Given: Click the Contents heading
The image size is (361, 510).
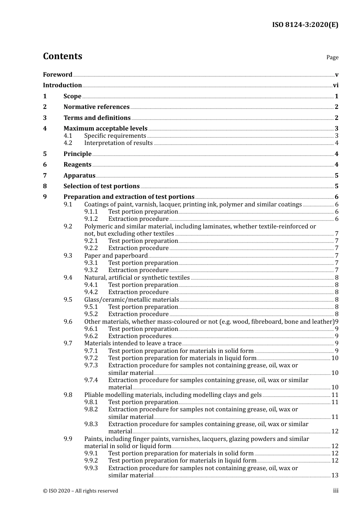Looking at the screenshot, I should click(62, 56).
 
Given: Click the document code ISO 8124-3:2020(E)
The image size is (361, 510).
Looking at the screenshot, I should click(305, 25).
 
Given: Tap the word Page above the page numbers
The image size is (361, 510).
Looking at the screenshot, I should click(332, 57).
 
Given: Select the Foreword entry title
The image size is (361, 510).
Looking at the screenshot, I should click(57, 75).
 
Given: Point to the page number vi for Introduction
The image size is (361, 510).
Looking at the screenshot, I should click(336, 85).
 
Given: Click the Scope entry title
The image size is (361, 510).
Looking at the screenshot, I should click(72, 96).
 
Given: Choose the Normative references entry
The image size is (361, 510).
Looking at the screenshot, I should click(97, 107).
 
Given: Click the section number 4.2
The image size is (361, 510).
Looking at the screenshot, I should click(68, 143).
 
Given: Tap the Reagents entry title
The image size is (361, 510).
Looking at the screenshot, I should click(78, 165).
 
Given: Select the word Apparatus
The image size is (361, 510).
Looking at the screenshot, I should click(79, 176).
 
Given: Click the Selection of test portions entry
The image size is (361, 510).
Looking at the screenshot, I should click(101, 186).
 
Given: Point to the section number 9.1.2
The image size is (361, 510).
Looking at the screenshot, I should click(91, 219).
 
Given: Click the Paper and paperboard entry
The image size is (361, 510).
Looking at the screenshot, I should click(116, 256).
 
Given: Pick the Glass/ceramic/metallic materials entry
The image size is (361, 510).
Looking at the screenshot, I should click(131, 300).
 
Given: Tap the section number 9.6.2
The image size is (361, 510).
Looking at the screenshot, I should click(91, 336).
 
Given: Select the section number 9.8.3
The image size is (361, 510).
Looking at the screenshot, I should click(91, 424).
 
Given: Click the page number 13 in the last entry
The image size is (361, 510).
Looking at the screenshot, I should click(335, 475).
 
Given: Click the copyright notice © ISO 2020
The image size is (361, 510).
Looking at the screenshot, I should click(81, 491).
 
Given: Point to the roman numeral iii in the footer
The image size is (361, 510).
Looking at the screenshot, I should click(336, 491).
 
